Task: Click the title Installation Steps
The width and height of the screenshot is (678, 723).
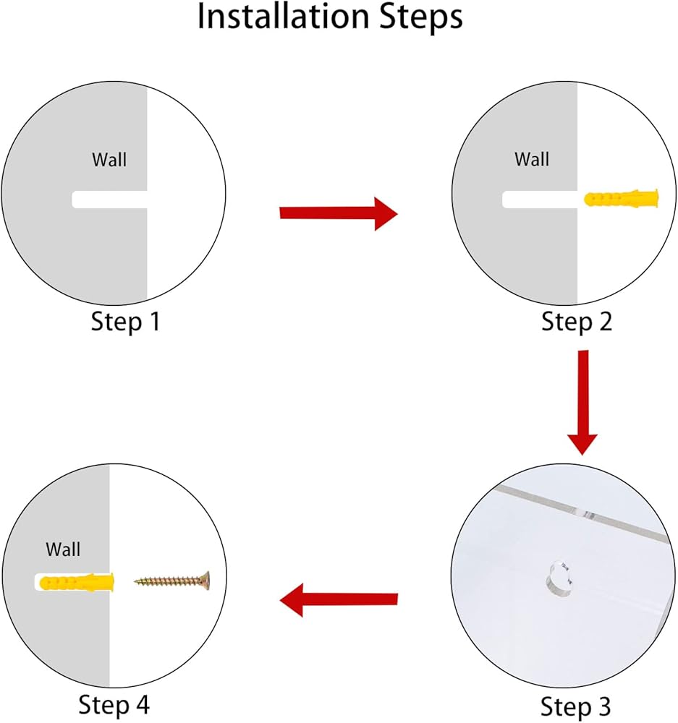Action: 330,17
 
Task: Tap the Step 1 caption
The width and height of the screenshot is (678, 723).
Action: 125,322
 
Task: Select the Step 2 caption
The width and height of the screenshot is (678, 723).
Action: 577,322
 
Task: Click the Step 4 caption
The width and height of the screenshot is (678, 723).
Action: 114,705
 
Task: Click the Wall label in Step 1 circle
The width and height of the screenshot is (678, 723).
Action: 109,160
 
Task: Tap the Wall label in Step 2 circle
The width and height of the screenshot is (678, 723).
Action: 532,159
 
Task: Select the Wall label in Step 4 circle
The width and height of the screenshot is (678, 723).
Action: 63,549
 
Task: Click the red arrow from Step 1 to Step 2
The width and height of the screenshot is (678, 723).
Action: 339,213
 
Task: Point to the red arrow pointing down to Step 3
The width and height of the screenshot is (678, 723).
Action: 583,403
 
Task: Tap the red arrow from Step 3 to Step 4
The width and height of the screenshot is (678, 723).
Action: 339,599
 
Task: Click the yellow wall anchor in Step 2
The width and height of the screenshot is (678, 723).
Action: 622,198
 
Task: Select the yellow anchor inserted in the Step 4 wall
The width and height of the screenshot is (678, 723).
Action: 77,582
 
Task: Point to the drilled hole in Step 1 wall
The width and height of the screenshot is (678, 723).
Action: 109,200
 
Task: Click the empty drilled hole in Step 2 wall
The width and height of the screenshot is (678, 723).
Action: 540,200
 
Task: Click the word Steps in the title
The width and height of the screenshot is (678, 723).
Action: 420,17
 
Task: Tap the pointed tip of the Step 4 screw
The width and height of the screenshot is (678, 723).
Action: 135,581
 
